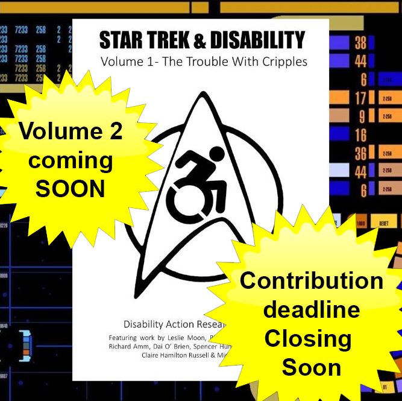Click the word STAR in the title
pos(123,40)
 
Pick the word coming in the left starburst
pos(71,161)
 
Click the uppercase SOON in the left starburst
pos(71,189)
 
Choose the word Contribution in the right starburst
pos(312,281)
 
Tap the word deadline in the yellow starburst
pos(312,310)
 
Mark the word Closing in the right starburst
pos(308,339)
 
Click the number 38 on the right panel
pos(360,43)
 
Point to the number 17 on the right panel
pos(360,97)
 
